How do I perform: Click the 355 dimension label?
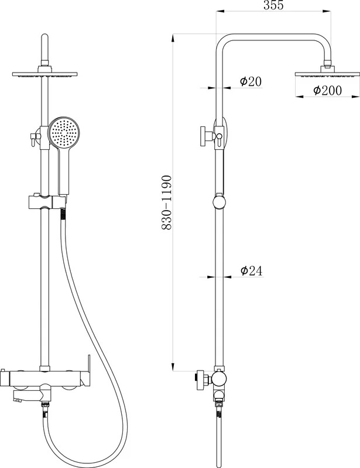tap(273, 5)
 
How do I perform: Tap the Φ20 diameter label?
tap(251, 81)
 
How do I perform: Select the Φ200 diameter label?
tap(327, 90)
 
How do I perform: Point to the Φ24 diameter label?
tap(251, 270)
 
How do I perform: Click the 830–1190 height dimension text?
tap(166, 202)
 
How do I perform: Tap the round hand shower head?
tap(64, 132)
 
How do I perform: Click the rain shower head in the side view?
tap(327, 74)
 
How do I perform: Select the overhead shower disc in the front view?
tap(45, 74)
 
